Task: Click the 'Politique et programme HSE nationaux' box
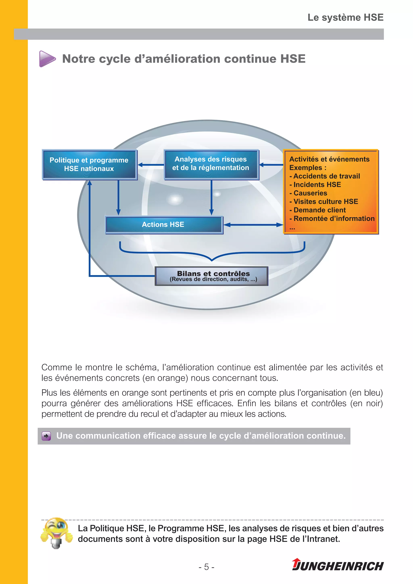[x=89, y=164]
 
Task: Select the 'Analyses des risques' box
[x=211, y=164]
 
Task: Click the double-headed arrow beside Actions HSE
[x=253, y=225]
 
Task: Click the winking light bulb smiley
[x=56, y=532]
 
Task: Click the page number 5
[x=206, y=567]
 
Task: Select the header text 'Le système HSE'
[x=345, y=18]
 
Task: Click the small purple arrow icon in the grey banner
[x=46, y=436]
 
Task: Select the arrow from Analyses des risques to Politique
[x=151, y=165]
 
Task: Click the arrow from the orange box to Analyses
[x=271, y=165]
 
